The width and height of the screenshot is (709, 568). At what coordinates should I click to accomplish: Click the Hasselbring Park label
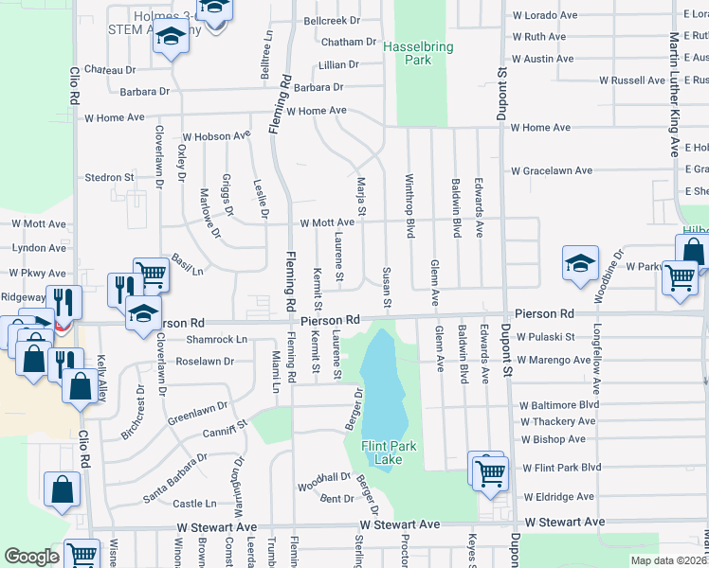418,53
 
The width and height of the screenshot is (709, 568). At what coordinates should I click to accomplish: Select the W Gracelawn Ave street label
552,171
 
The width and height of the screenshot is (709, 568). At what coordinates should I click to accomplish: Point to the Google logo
31,557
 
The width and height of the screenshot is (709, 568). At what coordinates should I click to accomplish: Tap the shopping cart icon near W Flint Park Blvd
490,474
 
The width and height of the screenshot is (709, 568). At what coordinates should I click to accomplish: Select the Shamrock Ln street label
216,340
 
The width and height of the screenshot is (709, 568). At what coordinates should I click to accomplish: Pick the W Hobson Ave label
216,136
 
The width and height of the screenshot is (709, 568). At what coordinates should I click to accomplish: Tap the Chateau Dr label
110,70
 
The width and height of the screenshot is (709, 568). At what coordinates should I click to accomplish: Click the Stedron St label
109,177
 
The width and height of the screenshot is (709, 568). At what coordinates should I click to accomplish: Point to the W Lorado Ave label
545,16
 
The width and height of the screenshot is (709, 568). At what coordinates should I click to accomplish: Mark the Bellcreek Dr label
332,20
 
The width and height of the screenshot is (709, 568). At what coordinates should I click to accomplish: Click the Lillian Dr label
338,65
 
